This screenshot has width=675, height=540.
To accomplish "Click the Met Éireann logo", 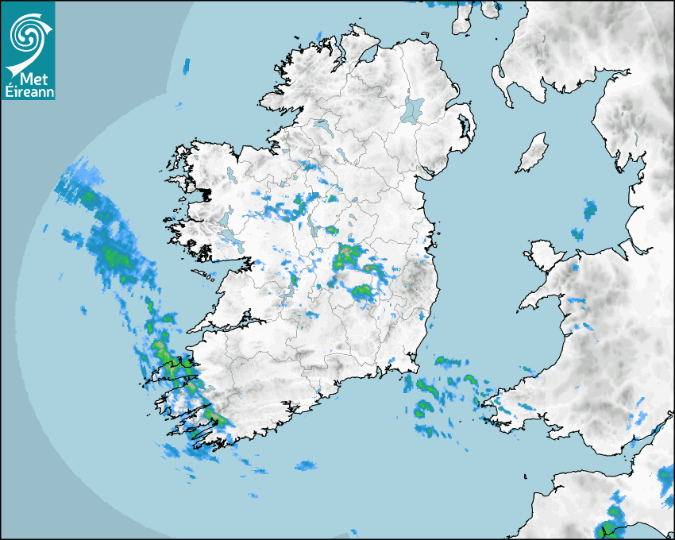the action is (x=28, y=50).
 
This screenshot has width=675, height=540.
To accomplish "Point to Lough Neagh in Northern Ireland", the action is (x=413, y=109).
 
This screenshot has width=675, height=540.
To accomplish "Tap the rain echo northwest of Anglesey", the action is (x=590, y=210).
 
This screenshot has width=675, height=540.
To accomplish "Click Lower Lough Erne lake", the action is (x=322, y=125).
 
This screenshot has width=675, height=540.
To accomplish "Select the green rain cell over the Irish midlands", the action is (x=347, y=256).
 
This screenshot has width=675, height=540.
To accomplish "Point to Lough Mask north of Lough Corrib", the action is (x=228, y=218).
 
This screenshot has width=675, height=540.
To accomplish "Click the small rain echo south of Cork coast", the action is (x=306, y=465).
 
